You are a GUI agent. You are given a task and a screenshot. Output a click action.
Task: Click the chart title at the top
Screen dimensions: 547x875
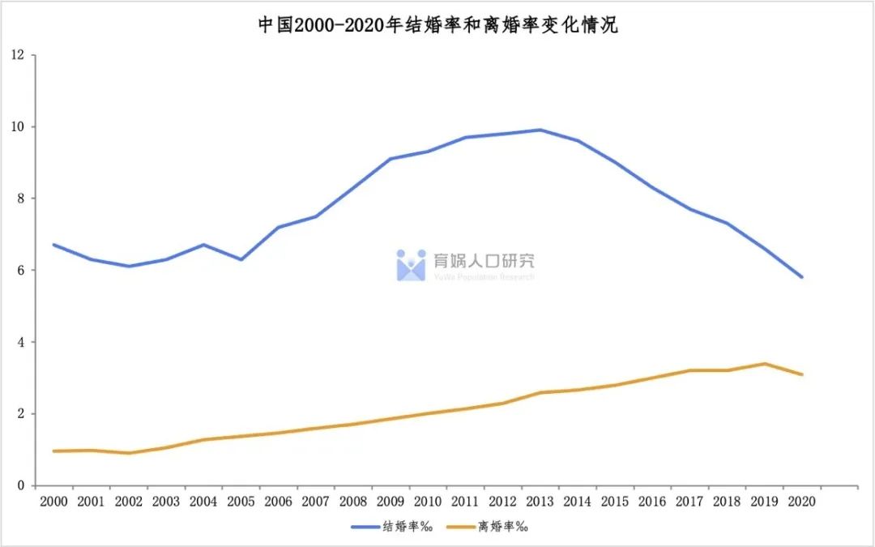pyautogui.click(x=437, y=25)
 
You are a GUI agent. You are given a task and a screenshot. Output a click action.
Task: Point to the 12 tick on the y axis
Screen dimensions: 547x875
pyautogui.click(x=18, y=55)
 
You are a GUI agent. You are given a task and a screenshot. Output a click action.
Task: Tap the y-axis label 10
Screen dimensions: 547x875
pyautogui.click(x=18, y=127)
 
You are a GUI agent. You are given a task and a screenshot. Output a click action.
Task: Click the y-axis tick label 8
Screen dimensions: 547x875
pyautogui.click(x=21, y=199)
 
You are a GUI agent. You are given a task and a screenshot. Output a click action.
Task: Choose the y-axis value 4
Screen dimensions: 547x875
pyautogui.click(x=21, y=342)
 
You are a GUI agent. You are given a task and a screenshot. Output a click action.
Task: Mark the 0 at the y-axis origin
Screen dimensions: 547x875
pyautogui.click(x=21, y=485)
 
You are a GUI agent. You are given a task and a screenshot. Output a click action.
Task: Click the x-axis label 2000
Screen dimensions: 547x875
pyautogui.click(x=53, y=502)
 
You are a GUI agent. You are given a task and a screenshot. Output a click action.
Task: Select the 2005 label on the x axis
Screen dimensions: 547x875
pyautogui.click(x=241, y=502)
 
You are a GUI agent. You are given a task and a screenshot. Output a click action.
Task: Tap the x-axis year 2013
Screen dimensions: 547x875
pyautogui.click(x=540, y=502)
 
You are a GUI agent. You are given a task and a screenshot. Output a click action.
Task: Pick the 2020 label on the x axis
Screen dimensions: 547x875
pyautogui.click(x=801, y=502)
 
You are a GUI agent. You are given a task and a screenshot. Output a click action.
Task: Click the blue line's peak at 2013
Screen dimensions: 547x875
pyautogui.click(x=540, y=130)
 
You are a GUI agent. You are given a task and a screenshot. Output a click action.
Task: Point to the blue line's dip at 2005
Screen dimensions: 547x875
pyautogui.click(x=241, y=259)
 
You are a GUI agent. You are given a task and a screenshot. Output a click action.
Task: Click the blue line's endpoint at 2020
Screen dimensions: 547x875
pyautogui.click(x=802, y=277)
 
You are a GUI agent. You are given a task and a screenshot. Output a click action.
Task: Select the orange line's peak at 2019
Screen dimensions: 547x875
pyautogui.click(x=765, y=364)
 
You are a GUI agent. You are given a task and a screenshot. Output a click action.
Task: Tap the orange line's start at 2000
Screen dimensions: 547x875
pyautogui.click(x=53, y=451)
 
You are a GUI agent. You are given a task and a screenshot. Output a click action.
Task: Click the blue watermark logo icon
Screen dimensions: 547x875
pyautogui.click(x=411, y=265)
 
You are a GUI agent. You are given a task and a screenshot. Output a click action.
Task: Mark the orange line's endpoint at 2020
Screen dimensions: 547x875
pyautogui.click(x=802, y=374)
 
